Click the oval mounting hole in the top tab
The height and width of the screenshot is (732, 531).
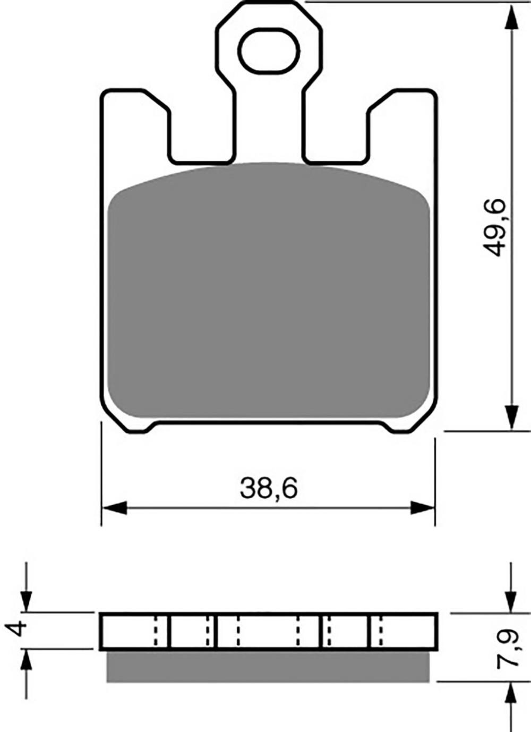(269, 50)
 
